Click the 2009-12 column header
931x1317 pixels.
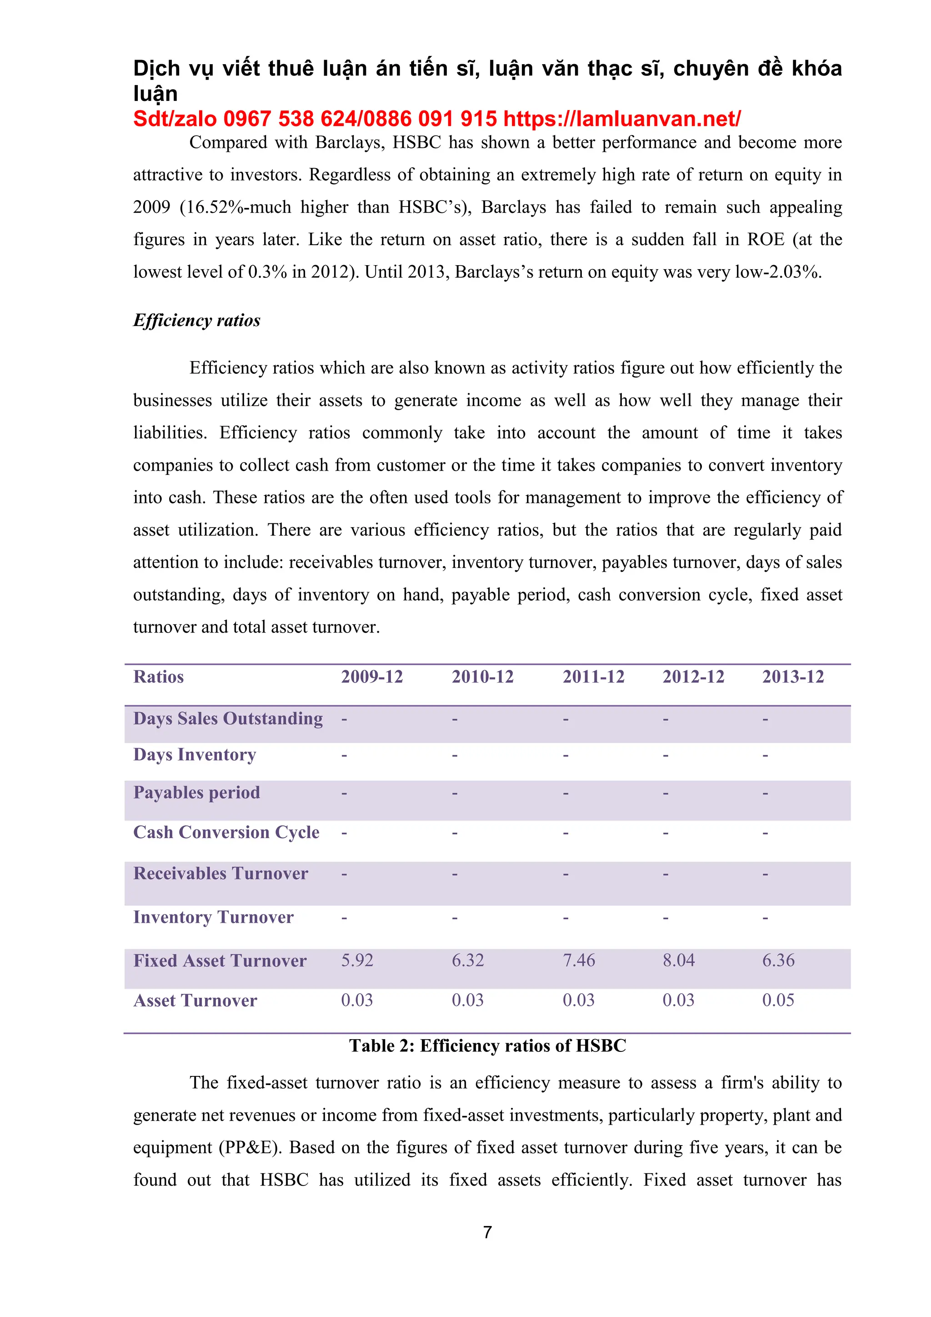[372, 677]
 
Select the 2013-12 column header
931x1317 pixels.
[793, 677]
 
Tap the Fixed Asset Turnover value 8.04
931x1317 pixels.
[678, 960]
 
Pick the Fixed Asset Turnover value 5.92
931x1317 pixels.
[357, 960]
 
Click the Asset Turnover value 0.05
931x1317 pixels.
[778, 1000]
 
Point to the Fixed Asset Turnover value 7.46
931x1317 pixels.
[578, 960]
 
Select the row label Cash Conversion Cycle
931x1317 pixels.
[226, 832]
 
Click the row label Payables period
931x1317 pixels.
[197, 793]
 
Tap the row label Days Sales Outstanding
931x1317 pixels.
[228, 719]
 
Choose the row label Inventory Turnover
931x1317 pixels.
[213, 917]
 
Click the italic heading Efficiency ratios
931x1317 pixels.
[197, 320]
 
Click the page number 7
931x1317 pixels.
[487, 1232]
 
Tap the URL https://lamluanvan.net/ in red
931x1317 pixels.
[622, 119]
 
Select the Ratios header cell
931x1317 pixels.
[158, 677]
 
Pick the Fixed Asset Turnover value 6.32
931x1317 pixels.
[468, 960]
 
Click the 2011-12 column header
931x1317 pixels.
[593, 677]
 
